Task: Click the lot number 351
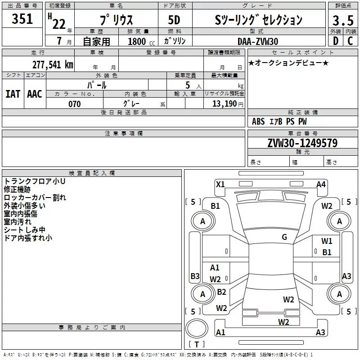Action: [22, 19]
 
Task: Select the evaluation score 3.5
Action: [342, 20]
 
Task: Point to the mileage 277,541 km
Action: [53, 64]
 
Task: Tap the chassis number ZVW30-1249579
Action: [302, 143]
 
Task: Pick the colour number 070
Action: [74, 104]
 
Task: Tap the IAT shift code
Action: [13, 94]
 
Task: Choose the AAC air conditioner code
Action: [35, 94]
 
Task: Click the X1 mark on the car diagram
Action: [220, 184]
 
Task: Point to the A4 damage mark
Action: [321, 184]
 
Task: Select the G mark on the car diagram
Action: [284, 237]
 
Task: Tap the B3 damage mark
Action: [195, 276]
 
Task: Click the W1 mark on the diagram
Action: [327, 241]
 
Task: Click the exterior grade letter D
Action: [335, 41]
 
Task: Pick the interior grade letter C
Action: [350, 41]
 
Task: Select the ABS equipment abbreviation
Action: [258, 121]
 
